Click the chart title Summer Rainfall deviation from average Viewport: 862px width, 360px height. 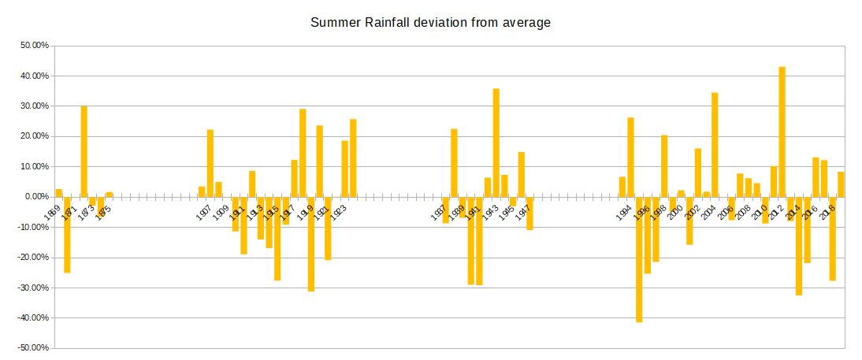coord(430,22)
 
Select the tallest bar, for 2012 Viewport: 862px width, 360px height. coord(782,132)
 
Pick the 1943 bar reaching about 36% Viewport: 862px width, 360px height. coord(496,143)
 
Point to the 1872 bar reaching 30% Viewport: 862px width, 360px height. coord(84,151)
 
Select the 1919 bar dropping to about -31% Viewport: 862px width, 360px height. coord(311,243)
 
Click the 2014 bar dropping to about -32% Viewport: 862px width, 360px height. coord(799,246)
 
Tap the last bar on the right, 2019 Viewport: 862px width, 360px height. coord(841,184)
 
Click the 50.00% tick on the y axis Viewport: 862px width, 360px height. coord(35,46)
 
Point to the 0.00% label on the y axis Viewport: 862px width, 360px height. coord(37,197)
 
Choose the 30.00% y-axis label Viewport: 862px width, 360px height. coord(35,106)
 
